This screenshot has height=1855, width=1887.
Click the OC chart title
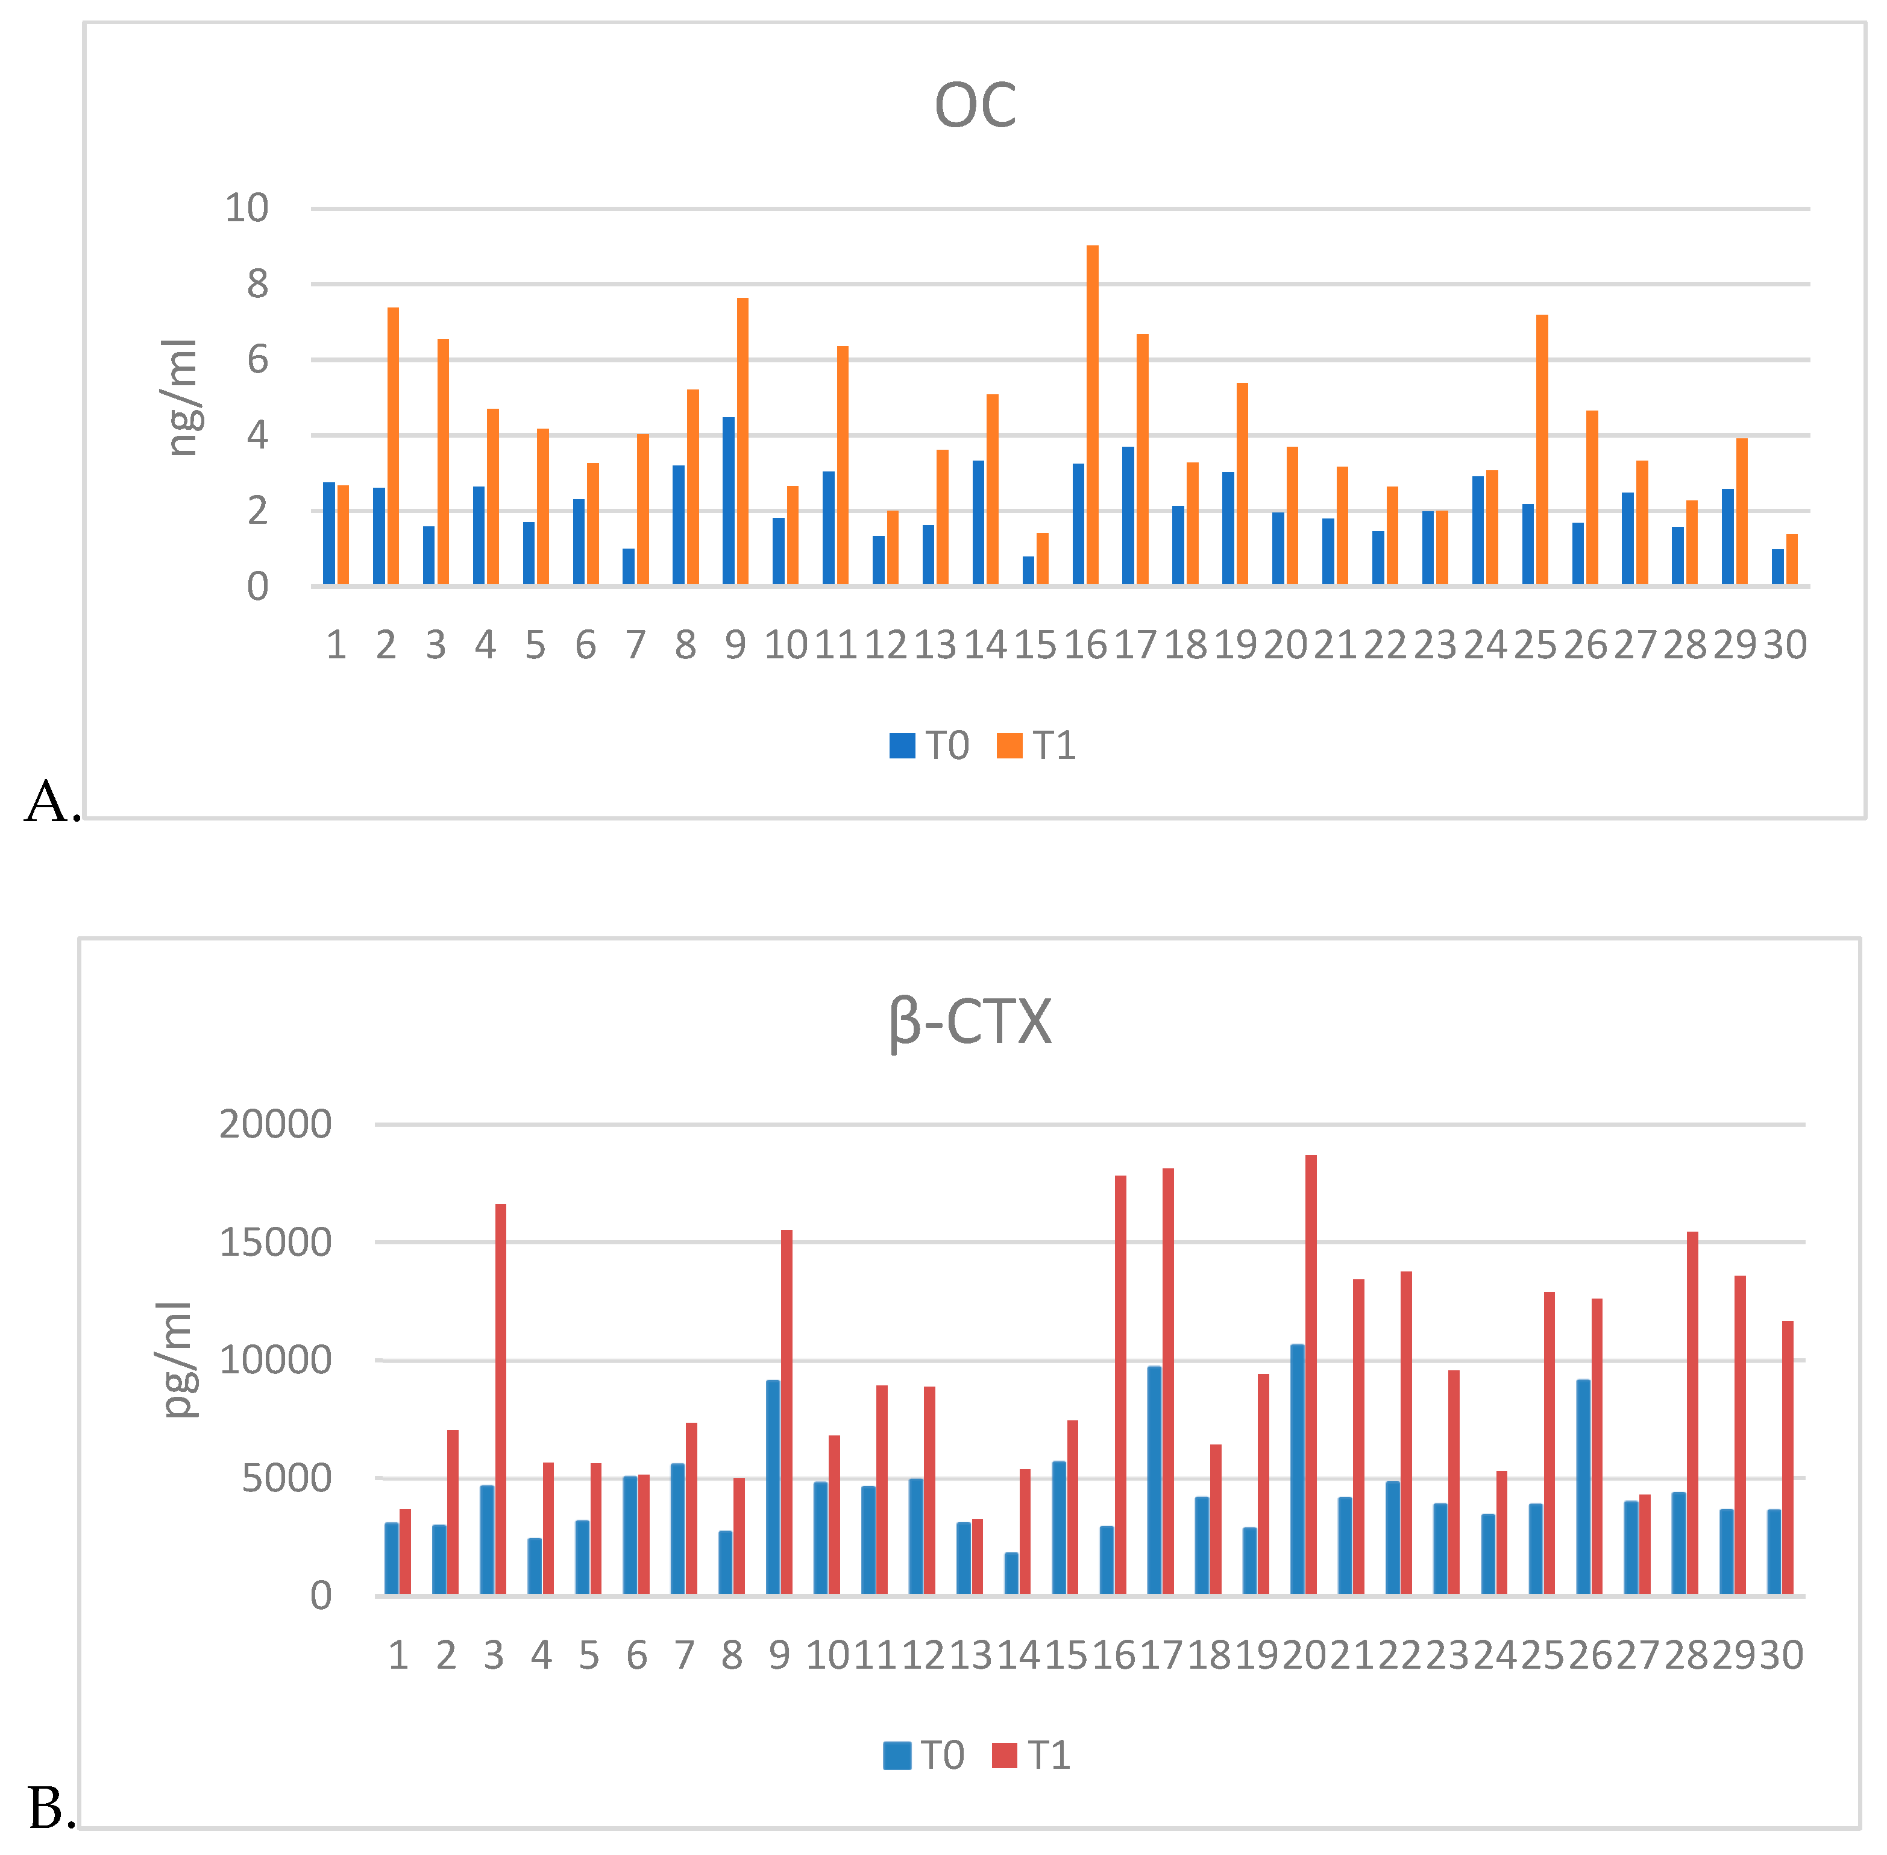(x=975, y=106)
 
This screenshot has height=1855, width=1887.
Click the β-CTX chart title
(x=970, y=1022)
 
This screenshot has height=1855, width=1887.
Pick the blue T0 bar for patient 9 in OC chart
(x=727, y=501)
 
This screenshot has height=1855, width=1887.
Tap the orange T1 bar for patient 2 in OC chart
(x=392, y=446)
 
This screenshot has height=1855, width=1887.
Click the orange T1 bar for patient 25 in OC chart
(x=1541, y=450)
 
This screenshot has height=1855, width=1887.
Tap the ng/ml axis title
(x=181, y=397)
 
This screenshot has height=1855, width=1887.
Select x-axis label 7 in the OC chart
(x=635, y=645)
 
